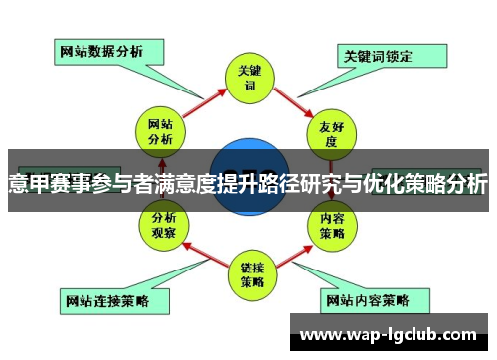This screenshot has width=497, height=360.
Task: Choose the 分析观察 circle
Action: point(163,224)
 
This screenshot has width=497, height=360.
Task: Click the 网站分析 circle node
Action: point(160,132)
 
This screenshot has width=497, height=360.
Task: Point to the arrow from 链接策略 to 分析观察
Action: point(204,252)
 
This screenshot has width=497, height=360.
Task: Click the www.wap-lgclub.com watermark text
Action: point(389,334)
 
